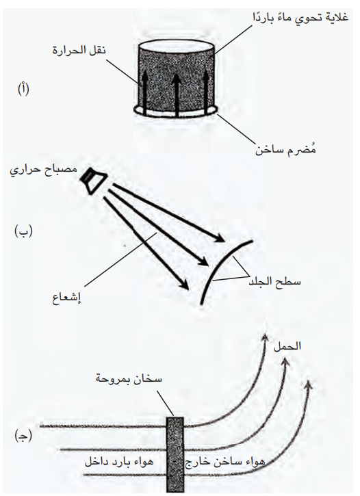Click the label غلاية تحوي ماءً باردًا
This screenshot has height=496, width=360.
(x=300, y=18)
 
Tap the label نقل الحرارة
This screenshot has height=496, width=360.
(x=79, y=50)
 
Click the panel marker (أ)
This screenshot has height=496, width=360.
(x=23, y=90)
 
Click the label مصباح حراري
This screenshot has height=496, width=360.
(x=44, y=170)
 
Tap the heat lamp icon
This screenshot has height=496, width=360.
(x=92, y=181)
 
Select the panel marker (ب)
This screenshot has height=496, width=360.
(x=23, y=232)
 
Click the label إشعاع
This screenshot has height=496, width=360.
(x=67, y=298)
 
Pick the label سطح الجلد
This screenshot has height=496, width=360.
(x=274, y=281)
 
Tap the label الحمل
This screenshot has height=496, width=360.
(x=287, y=346)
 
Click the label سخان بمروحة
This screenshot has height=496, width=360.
(x=129, y=378)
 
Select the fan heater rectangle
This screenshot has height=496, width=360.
(x=175, y=455)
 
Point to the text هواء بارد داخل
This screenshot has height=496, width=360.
(x=118, y=462)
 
